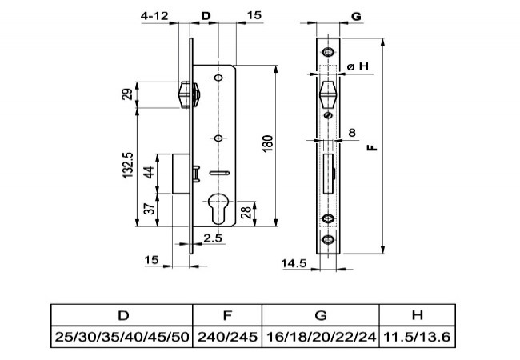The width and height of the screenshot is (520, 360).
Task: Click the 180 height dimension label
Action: pyautogui.click(x=267, y=143)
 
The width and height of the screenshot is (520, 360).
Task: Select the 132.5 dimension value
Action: pyautogui.click(x=128, y=165)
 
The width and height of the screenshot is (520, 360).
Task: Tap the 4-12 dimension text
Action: pyautogui.click(x=154, y=15)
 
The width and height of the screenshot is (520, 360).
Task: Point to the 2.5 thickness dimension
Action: pyautogui.click(x=213, y=238)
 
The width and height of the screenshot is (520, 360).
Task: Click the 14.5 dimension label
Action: pyautogui.click(x=294, y=263)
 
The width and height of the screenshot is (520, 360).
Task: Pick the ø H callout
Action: pyautogui.click(x=358, y=66)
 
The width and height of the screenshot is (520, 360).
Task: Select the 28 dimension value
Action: pyautogui.click(x=246, y=213)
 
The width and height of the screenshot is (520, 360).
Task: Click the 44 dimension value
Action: pyautogui.click(x=150, y=172)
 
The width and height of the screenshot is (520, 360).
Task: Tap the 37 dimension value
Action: pyautogui.click(x=150, y=208)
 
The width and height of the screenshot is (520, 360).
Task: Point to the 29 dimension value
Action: pyautogui.click(x=127, y=94)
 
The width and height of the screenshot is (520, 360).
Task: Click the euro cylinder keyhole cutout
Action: pyautogui.click(x=218, y=208)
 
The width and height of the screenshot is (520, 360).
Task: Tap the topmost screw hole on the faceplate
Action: pyautogui.click(x=328, y=52)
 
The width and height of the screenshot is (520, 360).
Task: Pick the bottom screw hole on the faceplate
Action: pyautogui.click(x=328, y=239)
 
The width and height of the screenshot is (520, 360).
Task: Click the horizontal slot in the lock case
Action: pyautogui.click(x=219, y=173)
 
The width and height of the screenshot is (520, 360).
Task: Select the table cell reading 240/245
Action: pyautogui.click(x=227, y=337)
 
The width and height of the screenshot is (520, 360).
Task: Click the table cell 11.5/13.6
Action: pyautogui.click(x=417, y=337)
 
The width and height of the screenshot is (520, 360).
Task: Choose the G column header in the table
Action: pyautogui.click(x=321, y=315)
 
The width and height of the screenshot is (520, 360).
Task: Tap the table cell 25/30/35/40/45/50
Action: pyautogui.click(x=122, y=337)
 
